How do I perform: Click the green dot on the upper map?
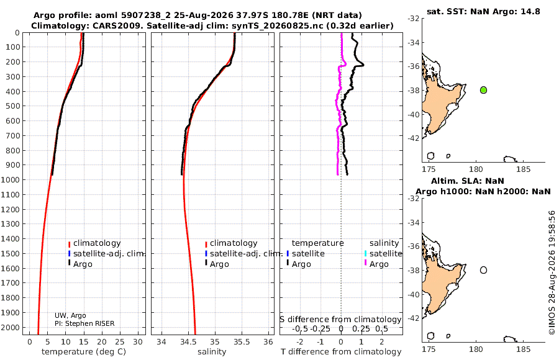(x=483, y=90)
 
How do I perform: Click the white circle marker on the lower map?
(x=483, y=270)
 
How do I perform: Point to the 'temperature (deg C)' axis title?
(x=84, y=352)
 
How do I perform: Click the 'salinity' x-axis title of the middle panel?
(x=212, y=352)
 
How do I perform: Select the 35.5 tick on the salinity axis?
(x=242, y=342)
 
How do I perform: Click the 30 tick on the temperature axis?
(x=138, y=342)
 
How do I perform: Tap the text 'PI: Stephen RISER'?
(x=84, y=323)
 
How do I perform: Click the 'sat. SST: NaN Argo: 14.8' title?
(x=483, y=11)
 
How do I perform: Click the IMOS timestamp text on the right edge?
(x=552, y=272)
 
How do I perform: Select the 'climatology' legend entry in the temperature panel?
(x=97, y=243)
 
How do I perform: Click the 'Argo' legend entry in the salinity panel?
(x=219, y=264)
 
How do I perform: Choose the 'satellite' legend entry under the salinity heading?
(x=386, y=253)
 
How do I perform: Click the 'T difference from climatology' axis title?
(x=341, y=352)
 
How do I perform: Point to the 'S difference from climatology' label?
(x=341, y=320)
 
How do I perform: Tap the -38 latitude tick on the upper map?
(x=413, y=91)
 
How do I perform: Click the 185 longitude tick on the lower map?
(x=523, y=349)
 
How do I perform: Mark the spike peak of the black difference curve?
(x=363, y=65)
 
